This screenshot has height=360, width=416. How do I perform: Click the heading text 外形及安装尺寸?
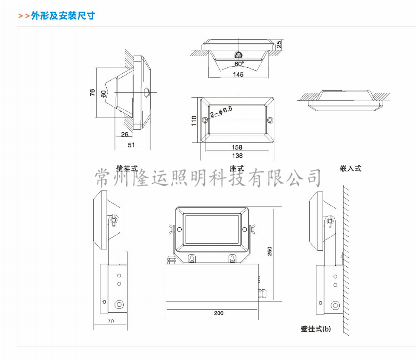tap(62, 16)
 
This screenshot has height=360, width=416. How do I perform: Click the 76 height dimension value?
tap(92, 93)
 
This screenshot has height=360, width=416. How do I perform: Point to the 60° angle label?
tap(239, 64)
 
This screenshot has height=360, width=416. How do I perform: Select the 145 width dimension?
tap(238, 74)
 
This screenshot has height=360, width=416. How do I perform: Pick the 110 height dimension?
tap(194, 120)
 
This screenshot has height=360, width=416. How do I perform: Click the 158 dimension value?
tap(237, 147)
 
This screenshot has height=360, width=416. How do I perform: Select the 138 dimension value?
tap(237, 155)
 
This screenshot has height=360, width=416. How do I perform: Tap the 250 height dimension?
tap(270, 252)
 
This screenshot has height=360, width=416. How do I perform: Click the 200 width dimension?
tap(219, 313)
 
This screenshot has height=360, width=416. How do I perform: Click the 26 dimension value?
tap(125, 135)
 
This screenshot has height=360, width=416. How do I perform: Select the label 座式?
tap(237, 168)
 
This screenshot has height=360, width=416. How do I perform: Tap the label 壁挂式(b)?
tap(315, 329)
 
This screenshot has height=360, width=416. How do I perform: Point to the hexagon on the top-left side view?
tap(147, 92)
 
